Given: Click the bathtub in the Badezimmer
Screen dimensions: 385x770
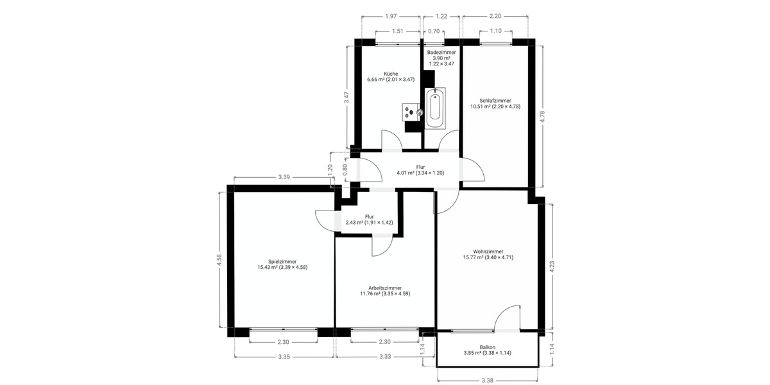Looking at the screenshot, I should click(x=435, y=107).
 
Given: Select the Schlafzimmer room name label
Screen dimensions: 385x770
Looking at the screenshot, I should click(x=495, y=101).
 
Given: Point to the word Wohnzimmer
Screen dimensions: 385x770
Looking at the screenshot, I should click(x=488, y=252).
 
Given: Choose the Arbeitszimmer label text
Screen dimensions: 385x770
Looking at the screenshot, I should click(x=385, y=287).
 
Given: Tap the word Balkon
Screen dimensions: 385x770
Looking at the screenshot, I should click(x=488, y=346).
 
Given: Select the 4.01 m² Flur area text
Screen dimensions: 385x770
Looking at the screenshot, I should click(x=406, y=173).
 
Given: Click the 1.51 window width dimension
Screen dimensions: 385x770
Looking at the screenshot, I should click(x=397, y=31).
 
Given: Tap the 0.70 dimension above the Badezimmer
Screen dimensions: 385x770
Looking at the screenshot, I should click(x=434, y=31).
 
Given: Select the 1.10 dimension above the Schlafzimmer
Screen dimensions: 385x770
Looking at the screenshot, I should click(x=495, y=31).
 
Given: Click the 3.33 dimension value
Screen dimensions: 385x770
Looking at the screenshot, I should click(x=385, y=356).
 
